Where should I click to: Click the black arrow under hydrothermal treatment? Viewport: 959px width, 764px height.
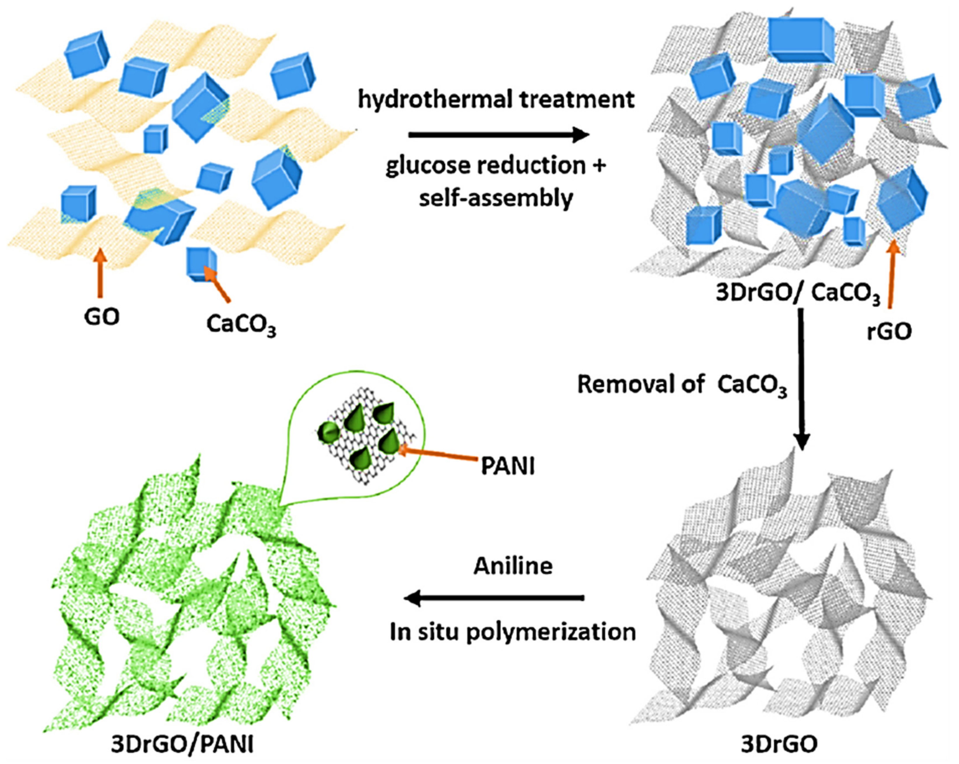point(498,134)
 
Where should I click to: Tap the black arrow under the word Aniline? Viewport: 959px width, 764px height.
point(494,599)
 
